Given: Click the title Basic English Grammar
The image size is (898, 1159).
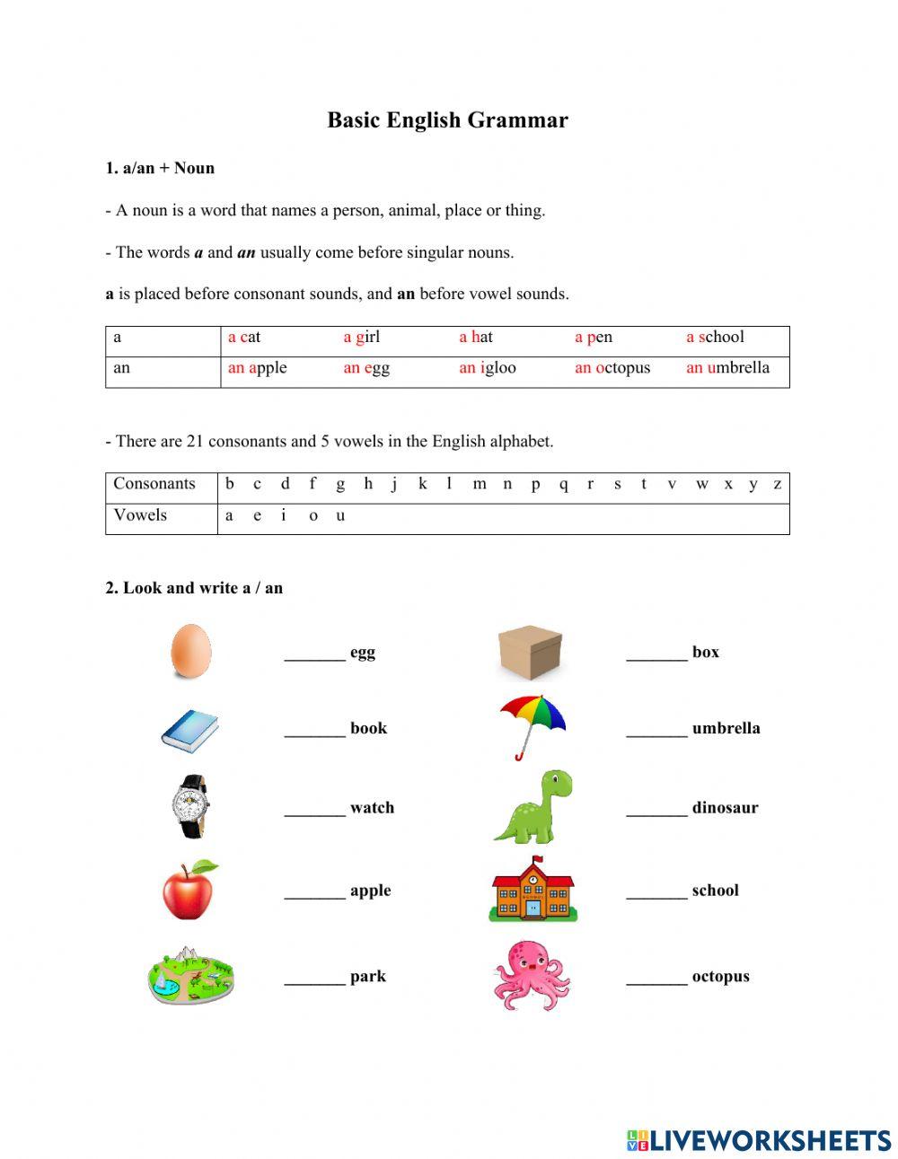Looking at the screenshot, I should point(447,120).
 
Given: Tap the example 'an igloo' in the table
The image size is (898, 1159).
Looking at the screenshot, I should point(487,367).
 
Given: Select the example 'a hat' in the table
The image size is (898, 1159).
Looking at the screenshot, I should point(475,337).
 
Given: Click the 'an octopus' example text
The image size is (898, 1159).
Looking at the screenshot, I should point(612,367).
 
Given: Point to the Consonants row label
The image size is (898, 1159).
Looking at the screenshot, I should point(154,484).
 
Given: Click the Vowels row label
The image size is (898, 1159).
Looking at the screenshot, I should point(140,515).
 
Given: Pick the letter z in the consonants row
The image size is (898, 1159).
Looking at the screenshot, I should point(777,484).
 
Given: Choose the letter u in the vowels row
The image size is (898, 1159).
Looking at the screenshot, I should point(340,515).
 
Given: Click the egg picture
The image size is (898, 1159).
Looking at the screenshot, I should point(190,651).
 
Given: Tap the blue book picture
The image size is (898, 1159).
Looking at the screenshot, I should point(189,730).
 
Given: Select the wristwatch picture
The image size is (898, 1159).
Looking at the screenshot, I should point(190,806).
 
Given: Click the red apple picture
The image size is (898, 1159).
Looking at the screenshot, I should point(189,890).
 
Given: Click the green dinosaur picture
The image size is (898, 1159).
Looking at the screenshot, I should point(533,806).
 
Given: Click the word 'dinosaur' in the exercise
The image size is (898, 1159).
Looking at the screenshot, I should point(725,807).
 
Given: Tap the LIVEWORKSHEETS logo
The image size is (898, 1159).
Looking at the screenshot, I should point(759,1140).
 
